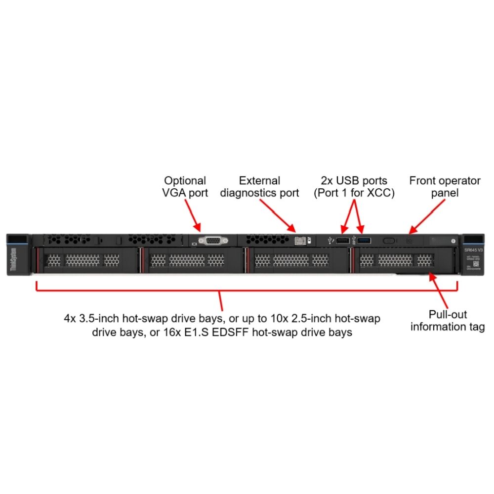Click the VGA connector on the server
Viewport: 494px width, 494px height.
[x=212, y=240]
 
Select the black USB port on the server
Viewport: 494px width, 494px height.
[x=342, y=241]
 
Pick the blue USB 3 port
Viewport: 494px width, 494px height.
[x=364, y=241]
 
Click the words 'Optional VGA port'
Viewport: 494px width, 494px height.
[x=185, y=187]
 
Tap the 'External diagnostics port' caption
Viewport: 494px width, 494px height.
[x=259, y=187]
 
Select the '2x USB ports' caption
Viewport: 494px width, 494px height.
[x=354, y=181]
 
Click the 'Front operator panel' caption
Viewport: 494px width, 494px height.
[x=438, y=187]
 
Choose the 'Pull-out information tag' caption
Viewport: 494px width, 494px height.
[x=448, y=321]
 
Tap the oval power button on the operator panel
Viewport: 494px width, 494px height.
[x=389, y=241]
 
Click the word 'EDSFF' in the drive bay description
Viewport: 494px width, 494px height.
[x=271, y=332]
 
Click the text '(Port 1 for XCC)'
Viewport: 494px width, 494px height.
[x=354, y=193]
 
